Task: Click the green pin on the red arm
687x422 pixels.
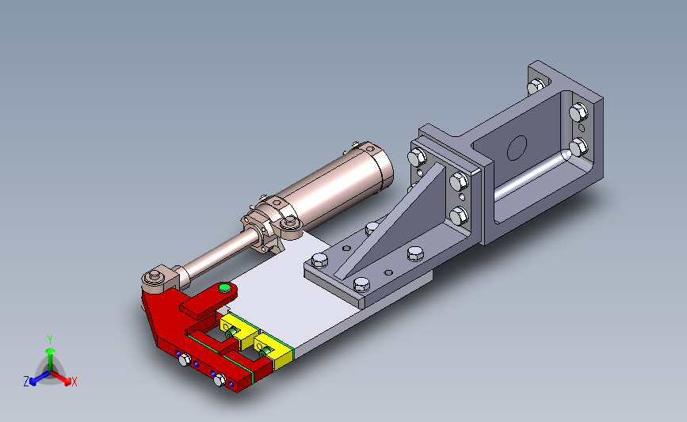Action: pos(224,288)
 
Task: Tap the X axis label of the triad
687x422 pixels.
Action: pos(74,382)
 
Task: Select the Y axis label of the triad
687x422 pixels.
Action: pos(49,340)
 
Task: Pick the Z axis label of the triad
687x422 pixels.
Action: pos(26,382)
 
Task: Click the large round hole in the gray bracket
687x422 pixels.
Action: pos(517,148)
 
